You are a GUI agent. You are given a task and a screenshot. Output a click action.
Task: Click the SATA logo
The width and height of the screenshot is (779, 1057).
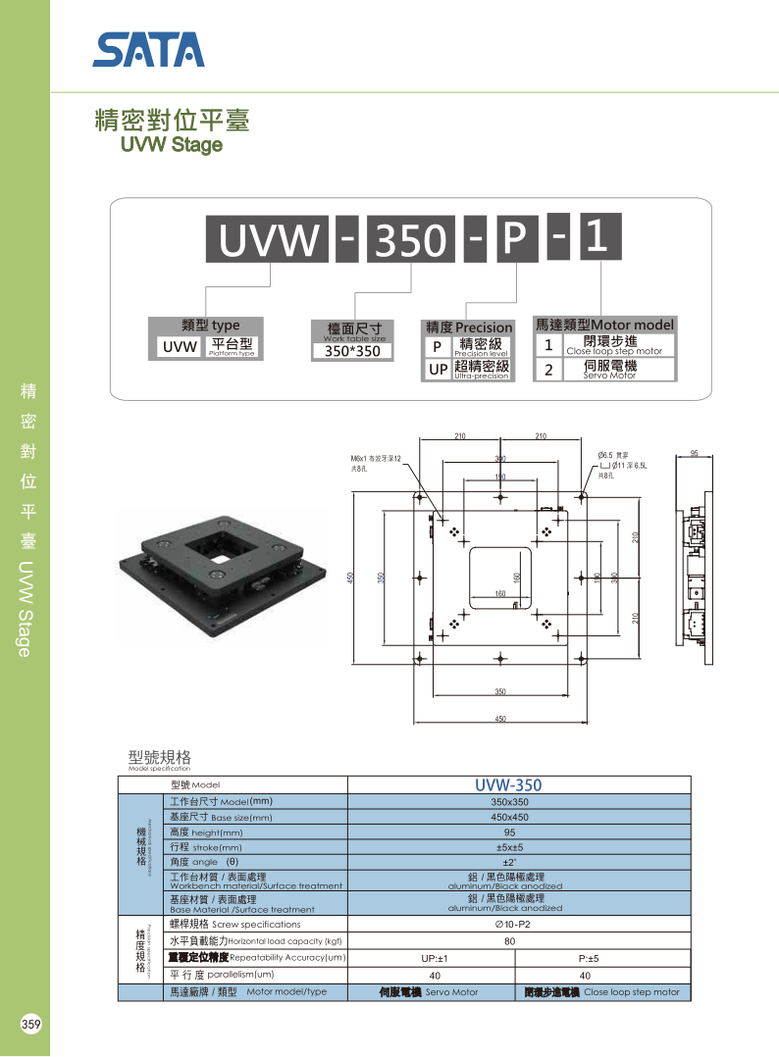pyautogui.click(x=149, y=49)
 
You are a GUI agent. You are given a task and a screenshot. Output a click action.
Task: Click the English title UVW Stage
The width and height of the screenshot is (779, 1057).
pyautogui.click(x=171, y=145)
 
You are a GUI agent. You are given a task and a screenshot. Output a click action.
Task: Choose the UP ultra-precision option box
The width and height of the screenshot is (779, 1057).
pyautogui.click(x=438, y=370)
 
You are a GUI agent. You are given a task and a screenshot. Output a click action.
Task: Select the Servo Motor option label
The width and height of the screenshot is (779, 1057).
pyautogui.click(x=608, y=370)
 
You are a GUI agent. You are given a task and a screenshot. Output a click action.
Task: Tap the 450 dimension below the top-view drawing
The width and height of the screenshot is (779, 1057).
pyautogui.click(x=500, y=719)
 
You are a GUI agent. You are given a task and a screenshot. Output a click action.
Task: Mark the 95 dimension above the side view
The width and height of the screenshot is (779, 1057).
pyautogui.click(x=694, y=454)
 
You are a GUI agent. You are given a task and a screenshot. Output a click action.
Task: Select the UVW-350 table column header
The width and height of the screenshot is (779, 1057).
pyautogui.click(x=507, y=784)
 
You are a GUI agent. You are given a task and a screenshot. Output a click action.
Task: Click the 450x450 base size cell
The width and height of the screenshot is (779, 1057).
pyautogui.click(x=509, y=817)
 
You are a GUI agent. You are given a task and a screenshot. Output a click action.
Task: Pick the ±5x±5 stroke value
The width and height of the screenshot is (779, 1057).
pyautogui.click(x=509, y=847)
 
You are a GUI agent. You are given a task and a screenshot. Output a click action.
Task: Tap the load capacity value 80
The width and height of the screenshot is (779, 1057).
pyautogui.click(x=509, y=940)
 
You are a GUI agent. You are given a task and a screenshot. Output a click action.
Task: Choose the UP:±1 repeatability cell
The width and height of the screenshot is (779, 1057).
pyautogui.click(x=434, y=958)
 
